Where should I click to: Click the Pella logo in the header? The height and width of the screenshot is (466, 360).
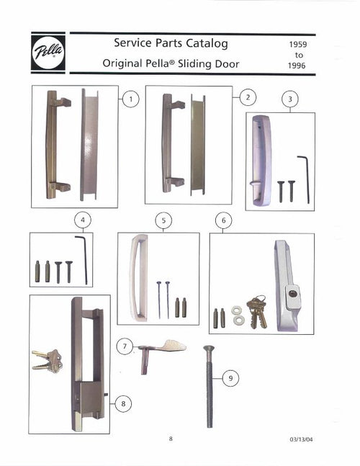pos(48,53)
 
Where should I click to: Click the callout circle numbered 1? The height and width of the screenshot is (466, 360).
pos(130,99)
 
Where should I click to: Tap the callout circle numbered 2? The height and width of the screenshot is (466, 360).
pos(246,97)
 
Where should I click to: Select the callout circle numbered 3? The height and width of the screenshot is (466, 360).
pos(289,99)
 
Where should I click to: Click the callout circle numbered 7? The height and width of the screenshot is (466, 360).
pos(126,347)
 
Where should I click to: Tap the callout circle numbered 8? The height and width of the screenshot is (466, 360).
pos(123,403)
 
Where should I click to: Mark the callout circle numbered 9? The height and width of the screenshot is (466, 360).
pos(230,377)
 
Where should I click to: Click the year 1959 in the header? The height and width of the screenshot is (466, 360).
pos(299,44)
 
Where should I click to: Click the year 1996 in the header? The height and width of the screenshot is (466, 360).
pos(299,66)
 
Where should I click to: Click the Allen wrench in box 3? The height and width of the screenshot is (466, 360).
pos(305,179)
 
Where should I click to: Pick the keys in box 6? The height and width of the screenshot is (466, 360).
pos(256,312)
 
